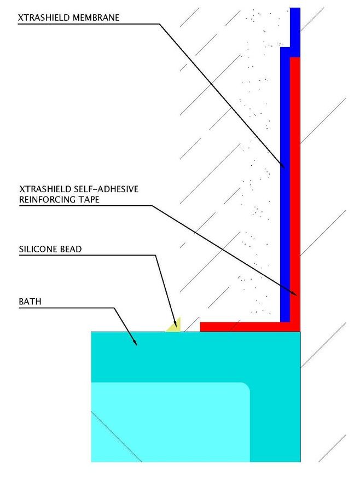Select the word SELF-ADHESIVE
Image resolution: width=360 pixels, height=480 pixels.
pyautogui.click(x=104, y=189)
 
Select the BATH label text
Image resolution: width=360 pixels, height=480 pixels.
pyautogui.click(x=30, y=301)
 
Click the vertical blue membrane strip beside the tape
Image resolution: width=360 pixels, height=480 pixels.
pyautogui.click(x=284, y=219)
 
